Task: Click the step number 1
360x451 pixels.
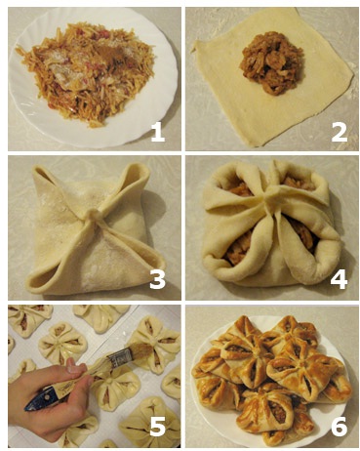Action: coord(158,133)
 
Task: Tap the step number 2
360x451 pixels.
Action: coord(339,133)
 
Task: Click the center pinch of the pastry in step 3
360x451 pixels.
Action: coord(94,216)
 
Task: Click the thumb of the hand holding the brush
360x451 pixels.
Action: coord(75,366)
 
